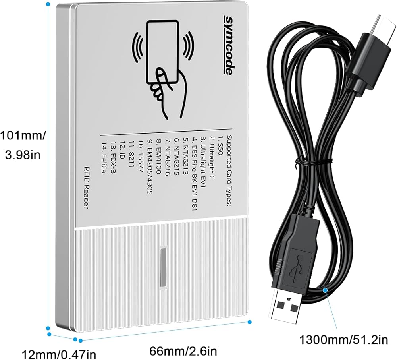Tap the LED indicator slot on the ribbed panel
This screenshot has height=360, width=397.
click(x=163, y=267)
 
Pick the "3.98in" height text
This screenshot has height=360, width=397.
click(x=23, y=155)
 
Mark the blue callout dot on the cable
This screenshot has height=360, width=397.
click(x=325, y=290)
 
